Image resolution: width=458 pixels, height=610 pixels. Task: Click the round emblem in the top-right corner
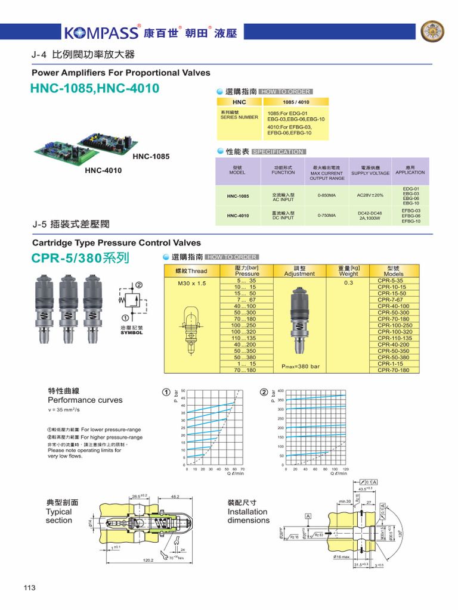433,32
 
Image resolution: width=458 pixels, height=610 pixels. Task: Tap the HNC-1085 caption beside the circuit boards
151,157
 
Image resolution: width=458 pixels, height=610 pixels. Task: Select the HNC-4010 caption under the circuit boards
103,170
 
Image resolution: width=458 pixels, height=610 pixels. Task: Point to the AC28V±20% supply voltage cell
370,195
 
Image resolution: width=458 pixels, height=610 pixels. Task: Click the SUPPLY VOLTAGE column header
370,173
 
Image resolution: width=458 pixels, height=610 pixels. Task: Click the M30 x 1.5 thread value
191,284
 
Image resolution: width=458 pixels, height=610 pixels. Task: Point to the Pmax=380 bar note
300,366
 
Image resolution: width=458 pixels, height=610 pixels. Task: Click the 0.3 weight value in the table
349,284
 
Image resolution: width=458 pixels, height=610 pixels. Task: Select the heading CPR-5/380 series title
80,259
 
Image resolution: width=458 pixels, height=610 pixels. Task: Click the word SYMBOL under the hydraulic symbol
132,333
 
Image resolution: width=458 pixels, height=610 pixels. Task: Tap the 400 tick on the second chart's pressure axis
280,391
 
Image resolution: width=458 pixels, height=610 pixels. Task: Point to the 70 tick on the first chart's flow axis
242,469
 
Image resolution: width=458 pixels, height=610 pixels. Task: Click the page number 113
30,588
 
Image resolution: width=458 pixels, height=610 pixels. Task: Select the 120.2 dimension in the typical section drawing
148,560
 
